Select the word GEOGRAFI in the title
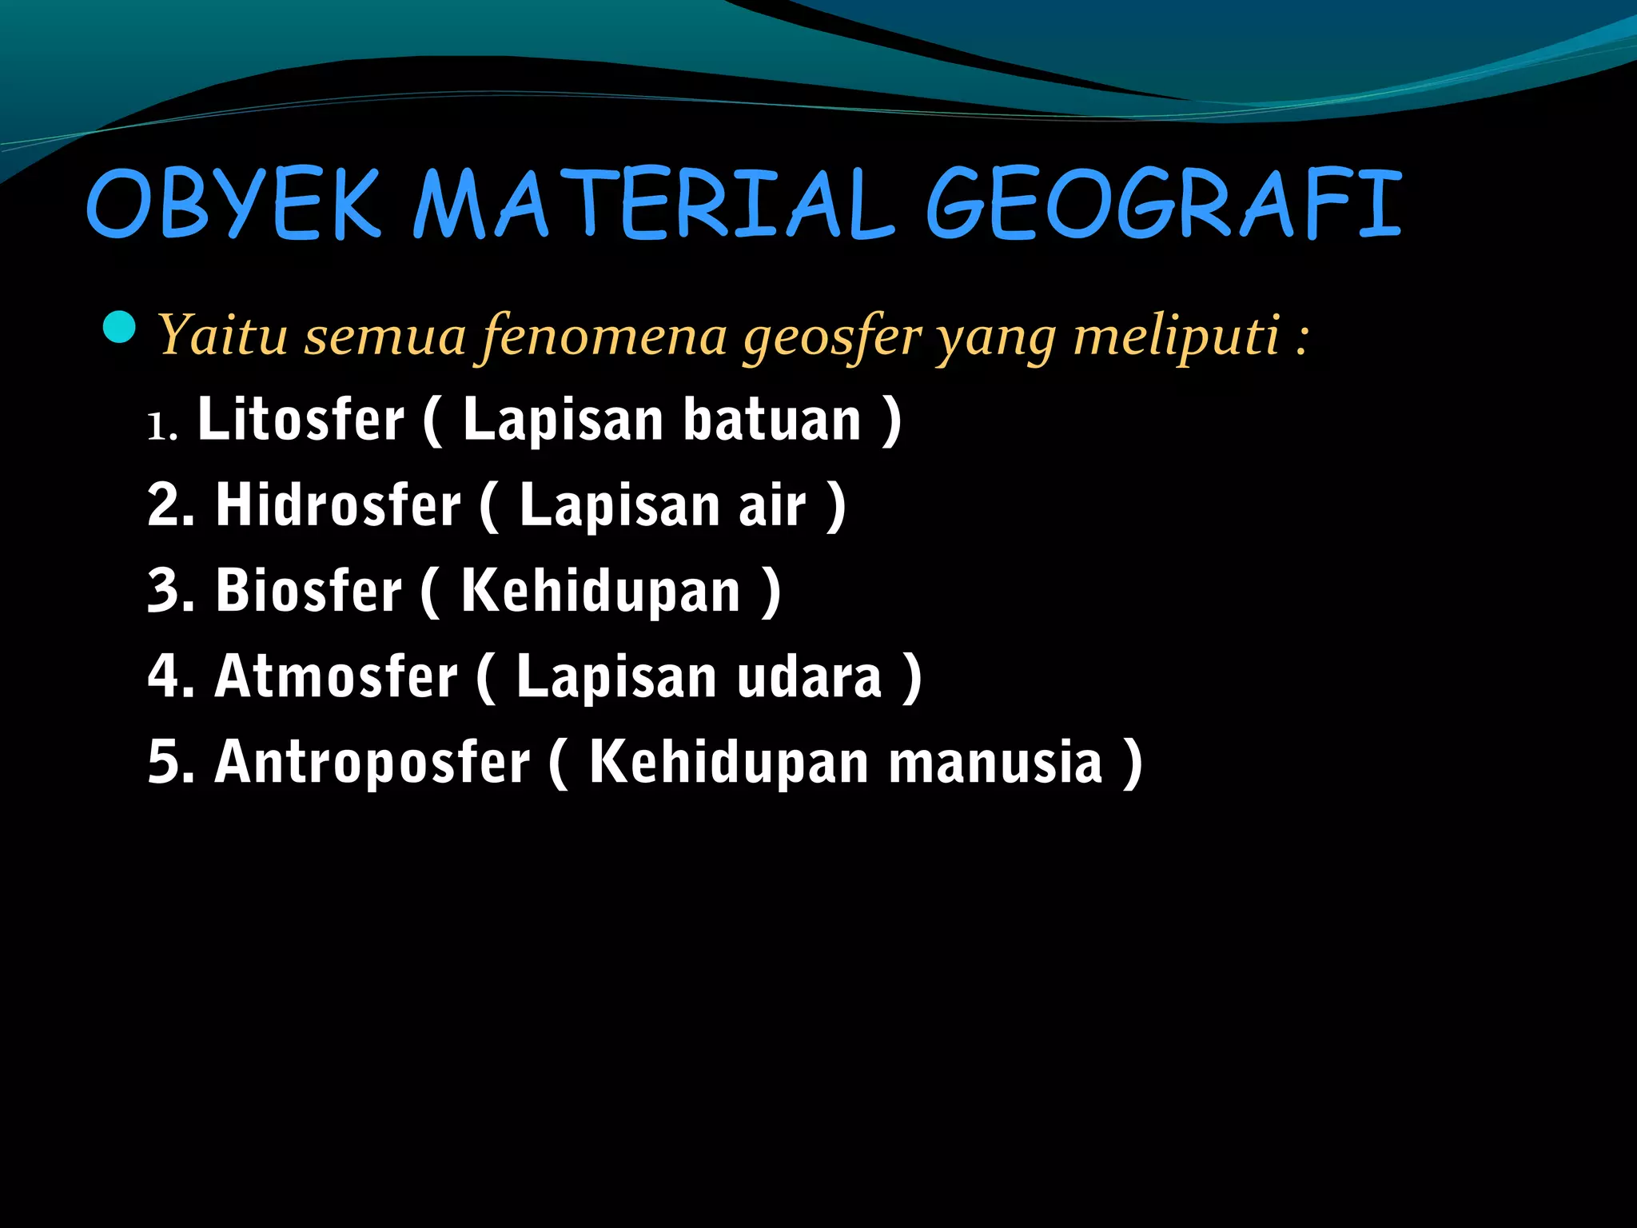pyautogui.click(x=1163, y=204)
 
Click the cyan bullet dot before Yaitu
pyautogui.click(x=120, y=327)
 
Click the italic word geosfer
pyautogui.click(x=832, y=336)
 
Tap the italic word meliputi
pyautogui.click(x=1176, y=336)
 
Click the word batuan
pyautogui.click(x=772, y=420)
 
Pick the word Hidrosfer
pyautogui.click(x=339, y=505)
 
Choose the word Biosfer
pyautogui.click(x=309, y=591)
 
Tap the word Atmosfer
pyautogui.click(x=337, y=676)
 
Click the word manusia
pyautogui.click(x=996, y=763)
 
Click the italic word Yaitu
pyautogui.click(x=223, y=336)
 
